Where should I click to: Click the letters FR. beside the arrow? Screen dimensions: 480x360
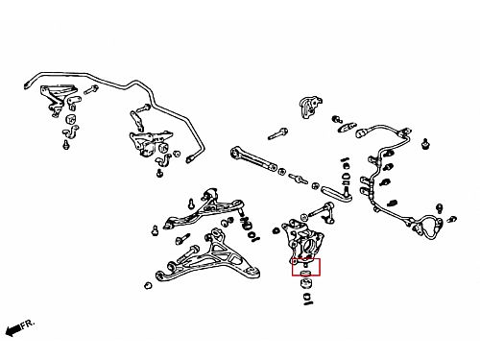[x=28, y=324]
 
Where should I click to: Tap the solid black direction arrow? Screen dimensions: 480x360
[x=13, y=329]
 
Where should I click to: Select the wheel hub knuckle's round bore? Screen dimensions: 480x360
[x=307, y=246]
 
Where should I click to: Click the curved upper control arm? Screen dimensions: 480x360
[x=204, y=209]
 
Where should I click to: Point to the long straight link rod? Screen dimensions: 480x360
[x=253, y=158]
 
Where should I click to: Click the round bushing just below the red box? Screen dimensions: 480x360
[x=306, y=283]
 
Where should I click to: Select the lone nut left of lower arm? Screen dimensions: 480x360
[x=148, y=285]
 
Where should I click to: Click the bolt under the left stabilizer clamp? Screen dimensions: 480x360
[x=66, y=144]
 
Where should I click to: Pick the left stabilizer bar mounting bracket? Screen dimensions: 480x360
[x=58, y=97]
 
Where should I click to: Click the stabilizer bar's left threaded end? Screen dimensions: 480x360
[x=27, y=84]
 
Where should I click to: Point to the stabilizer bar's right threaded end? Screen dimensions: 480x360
[x=190, y=158]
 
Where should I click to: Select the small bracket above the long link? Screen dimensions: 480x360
[x=310, y=107]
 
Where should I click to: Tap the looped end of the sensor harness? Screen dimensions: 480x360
[x=430, y=226]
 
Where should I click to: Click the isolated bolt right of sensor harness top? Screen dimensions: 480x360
[x=425, y=143]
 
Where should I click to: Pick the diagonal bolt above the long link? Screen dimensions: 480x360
[x=277, y=133]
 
